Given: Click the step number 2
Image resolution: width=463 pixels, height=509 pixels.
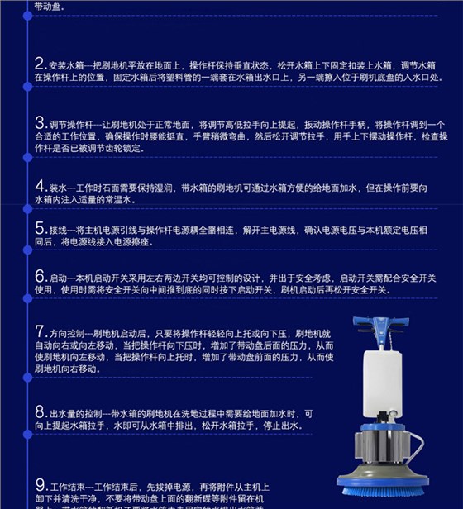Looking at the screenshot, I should (39, 64).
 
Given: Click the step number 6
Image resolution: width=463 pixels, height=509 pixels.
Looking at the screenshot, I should (39, 275).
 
